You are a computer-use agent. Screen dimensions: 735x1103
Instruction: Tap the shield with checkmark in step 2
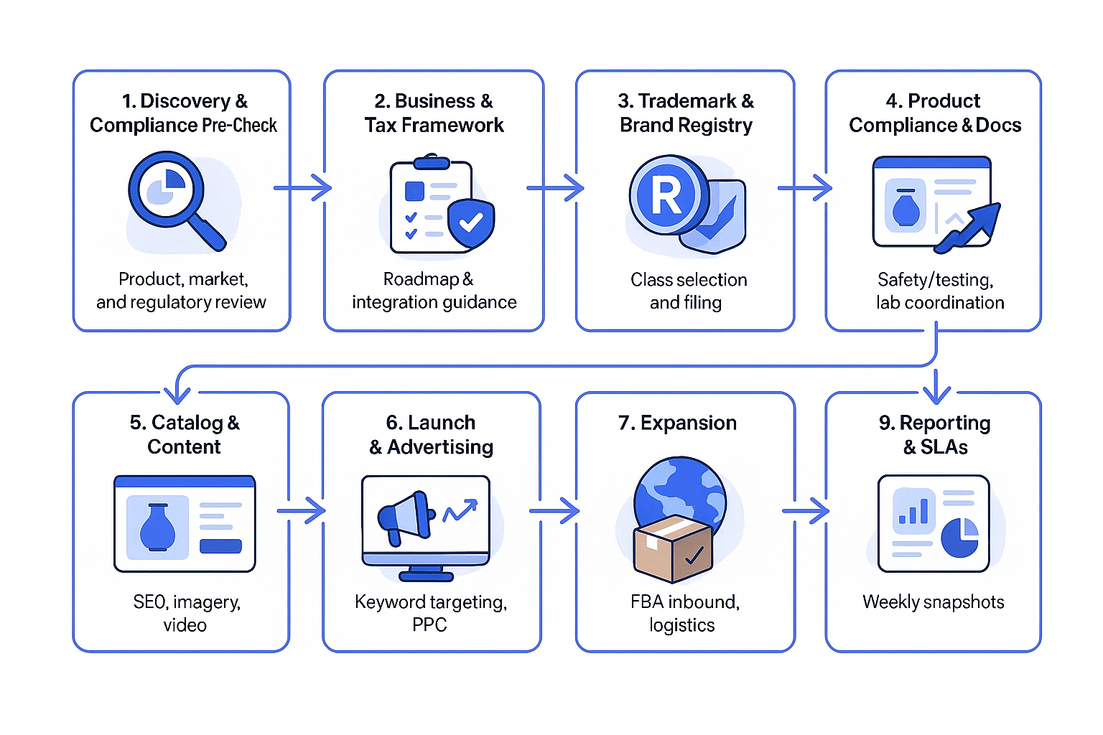point(470,223)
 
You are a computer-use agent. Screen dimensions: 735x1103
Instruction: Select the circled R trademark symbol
point(665,195)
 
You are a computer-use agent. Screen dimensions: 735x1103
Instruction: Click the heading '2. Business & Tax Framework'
point(434,113)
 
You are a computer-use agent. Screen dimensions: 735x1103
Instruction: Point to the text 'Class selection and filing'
point(687,291)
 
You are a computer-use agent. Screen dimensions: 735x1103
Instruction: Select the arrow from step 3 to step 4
point(805,188)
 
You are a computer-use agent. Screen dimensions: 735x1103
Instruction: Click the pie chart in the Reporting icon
point(959,537)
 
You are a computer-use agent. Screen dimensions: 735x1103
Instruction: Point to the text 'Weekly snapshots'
point(933,601)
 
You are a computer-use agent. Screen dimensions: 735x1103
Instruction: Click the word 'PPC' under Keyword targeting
point(429,625)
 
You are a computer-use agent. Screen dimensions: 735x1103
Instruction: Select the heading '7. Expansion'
point(677,423)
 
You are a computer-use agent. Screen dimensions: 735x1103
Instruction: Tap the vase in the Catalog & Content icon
point(157,527)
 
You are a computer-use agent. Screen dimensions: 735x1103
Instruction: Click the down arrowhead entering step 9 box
point(936,393)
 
